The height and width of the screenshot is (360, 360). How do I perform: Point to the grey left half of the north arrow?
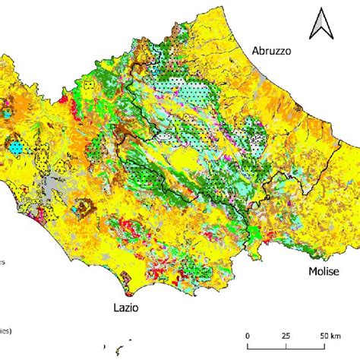tap(316, 26)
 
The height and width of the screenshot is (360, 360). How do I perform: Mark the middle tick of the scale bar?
tap(286, 345)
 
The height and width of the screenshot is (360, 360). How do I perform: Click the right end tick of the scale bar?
tap(324, 345)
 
